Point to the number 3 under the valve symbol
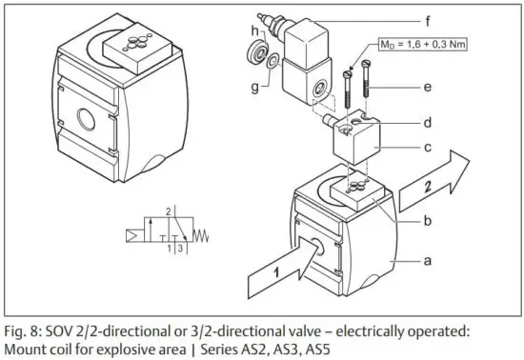click(x=176, y=248)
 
